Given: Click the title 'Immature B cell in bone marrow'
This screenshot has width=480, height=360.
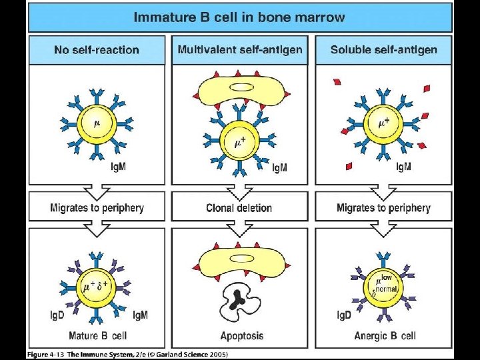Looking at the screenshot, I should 239,17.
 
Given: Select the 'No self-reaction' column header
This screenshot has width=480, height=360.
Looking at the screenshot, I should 97,50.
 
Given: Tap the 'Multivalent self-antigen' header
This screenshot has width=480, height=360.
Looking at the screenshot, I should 240,50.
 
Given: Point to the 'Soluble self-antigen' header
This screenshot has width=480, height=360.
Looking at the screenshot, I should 383,50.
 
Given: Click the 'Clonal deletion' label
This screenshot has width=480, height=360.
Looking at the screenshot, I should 239,208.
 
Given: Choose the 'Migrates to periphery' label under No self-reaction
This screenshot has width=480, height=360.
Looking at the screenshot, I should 97,208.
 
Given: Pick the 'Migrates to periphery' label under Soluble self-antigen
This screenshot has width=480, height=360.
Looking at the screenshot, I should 383,208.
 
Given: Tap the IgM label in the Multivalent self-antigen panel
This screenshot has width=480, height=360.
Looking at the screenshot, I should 280,167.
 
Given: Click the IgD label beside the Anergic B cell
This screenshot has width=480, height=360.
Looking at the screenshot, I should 342,315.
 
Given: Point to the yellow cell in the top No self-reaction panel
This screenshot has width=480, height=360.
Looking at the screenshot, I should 97,124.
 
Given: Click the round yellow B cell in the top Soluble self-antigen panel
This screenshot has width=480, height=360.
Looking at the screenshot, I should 383,125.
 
